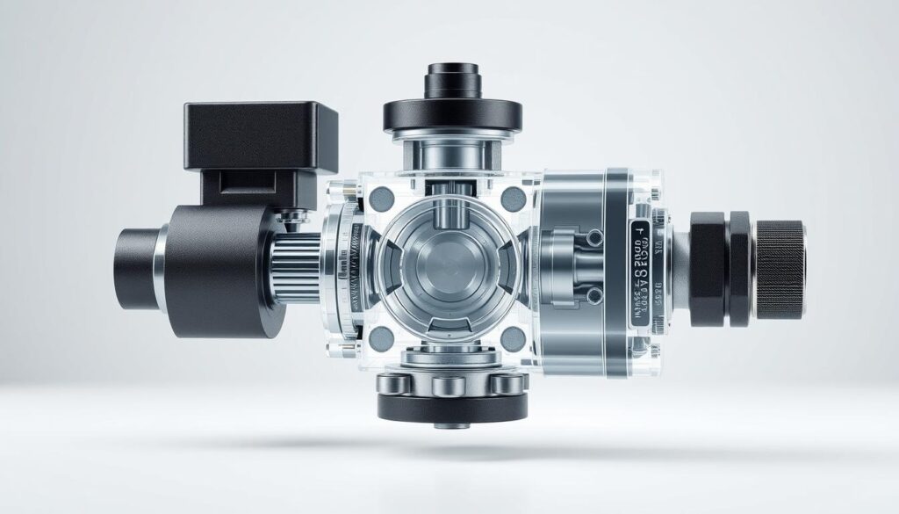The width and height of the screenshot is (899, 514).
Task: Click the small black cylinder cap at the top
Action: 451,81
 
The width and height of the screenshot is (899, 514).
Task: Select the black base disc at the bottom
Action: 452,405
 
